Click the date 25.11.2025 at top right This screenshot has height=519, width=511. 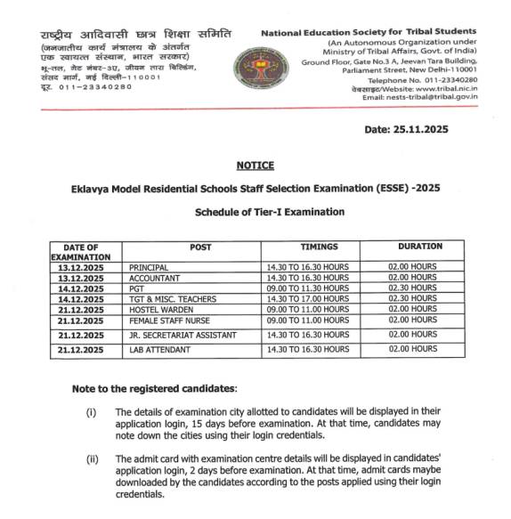[x=407, y=129]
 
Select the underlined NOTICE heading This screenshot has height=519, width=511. [x=255, y=166]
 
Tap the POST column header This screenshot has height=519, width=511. [x=201, y=247]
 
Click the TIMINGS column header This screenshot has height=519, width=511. [x=319, y=247]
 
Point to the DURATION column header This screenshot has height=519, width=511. [x=418, y=247]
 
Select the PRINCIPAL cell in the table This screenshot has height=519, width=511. [x=149, y=267]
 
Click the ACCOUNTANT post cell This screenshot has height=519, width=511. [x=153, y=278]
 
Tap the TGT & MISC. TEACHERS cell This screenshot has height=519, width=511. [x=170, y=299]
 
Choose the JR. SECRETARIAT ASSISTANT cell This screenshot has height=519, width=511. [x=182, y=335]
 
